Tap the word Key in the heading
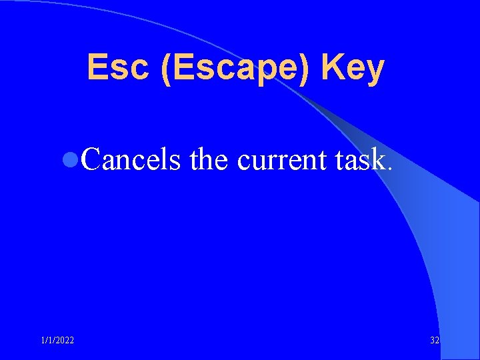[x=353, y=69]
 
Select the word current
[x=281, y=161]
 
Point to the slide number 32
[x=435, y=341]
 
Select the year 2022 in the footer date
[x=65, y=341]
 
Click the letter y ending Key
[x=375, y=71]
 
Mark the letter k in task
[x=378, y=159]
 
